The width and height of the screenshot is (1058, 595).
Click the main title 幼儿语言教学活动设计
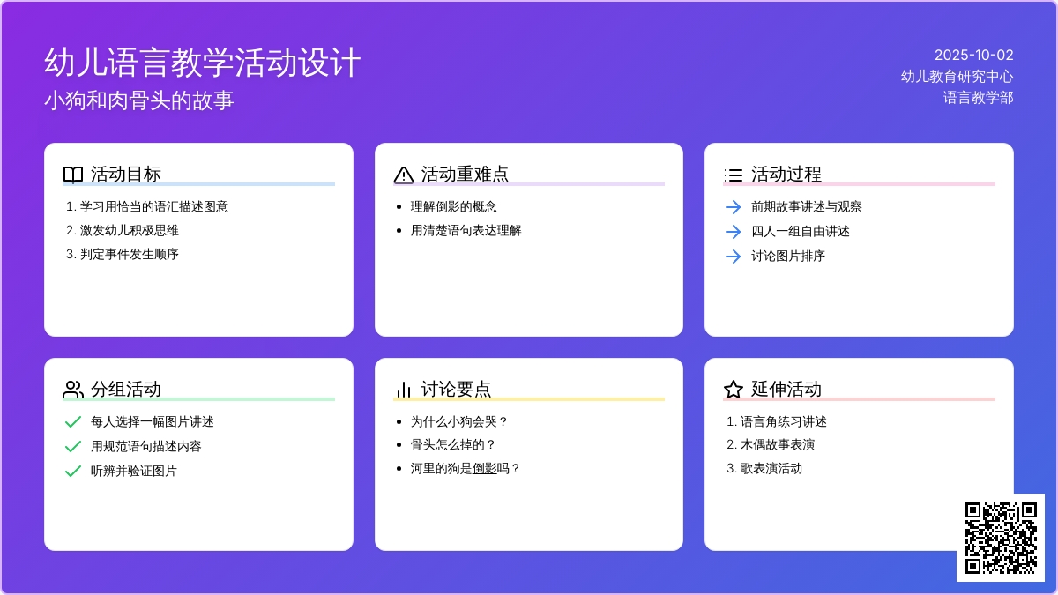(203, 63)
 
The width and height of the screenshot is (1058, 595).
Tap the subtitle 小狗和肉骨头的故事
(139, 100)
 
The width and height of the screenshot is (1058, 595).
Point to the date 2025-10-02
(974, 55)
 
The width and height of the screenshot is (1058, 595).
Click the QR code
(1001, 538)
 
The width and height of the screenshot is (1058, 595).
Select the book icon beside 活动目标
(73, 175)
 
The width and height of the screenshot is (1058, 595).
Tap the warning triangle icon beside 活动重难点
(404, 175)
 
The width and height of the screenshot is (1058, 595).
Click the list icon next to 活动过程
(734, 175)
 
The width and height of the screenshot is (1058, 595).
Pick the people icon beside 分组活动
(73, 390)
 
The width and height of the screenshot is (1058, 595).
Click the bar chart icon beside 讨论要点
(404, 390)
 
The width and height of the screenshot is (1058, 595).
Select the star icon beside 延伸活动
(734, 390)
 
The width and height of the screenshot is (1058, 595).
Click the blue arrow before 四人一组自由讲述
(734, 231)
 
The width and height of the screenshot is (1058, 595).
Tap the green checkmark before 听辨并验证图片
(72, 471)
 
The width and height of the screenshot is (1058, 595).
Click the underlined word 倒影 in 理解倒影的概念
(447, 206)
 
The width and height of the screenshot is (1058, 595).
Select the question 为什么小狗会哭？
(459, 421)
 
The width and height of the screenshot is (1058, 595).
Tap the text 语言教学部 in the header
(978, 98)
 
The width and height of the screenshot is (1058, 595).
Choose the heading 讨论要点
(456, 389)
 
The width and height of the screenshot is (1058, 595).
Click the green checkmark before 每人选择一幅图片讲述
(72, 421)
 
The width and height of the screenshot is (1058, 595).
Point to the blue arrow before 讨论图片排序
(734, 257)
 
